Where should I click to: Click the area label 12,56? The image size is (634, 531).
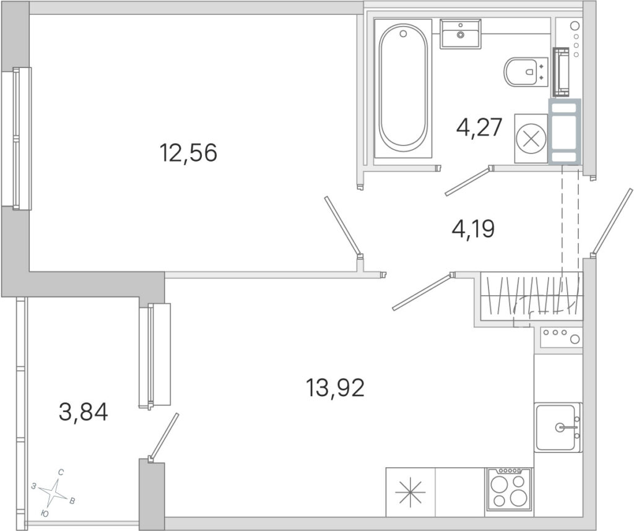pos(189,153)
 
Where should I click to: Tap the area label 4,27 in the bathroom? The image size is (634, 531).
pos(479,127)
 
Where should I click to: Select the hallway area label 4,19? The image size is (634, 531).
pos(473,229)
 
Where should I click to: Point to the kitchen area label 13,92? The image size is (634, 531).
pos(335,387)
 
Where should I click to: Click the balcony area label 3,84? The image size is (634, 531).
pos(84,413)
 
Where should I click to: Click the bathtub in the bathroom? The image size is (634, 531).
pos(403,88)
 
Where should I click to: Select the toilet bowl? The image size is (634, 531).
pos(526,72)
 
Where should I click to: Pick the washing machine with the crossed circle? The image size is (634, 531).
pos(531,139)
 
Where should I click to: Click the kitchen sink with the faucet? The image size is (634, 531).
pos(558,427)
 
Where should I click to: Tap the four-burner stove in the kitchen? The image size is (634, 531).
pos(510,492)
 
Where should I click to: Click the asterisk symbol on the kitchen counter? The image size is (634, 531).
pos(410,493)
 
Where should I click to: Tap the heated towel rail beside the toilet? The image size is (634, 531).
pos(561,72)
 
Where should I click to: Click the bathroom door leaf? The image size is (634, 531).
pos(467,181)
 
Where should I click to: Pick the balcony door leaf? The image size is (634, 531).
pos(163,436)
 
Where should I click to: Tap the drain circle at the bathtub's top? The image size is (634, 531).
pos(402,34)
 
